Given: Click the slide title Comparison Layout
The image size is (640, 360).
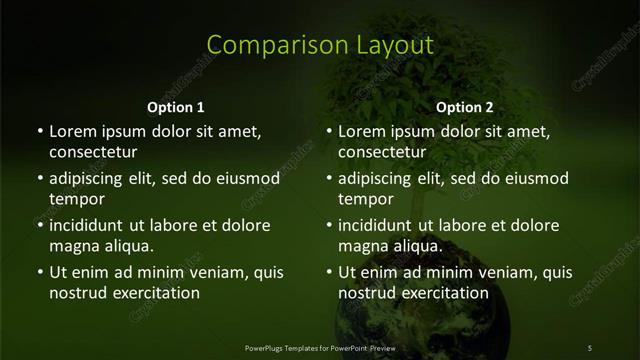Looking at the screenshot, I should [x=320, y=45].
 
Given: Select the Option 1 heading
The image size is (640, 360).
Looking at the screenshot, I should [x=176, y=107].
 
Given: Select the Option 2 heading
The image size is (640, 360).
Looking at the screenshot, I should [x=465, y=107].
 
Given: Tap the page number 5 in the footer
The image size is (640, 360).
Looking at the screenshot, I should [x=589, y=347].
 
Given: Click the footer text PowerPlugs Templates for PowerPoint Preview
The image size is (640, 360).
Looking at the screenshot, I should [x=320, y=347].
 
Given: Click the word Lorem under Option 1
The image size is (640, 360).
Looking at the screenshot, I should [x=72, y=131].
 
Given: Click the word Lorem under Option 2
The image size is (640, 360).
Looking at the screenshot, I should [x=361, y=131].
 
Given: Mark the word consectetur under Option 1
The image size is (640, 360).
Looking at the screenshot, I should [x=93, y=152].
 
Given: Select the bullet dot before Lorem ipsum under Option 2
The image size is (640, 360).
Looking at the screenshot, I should [x=329, y=131].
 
